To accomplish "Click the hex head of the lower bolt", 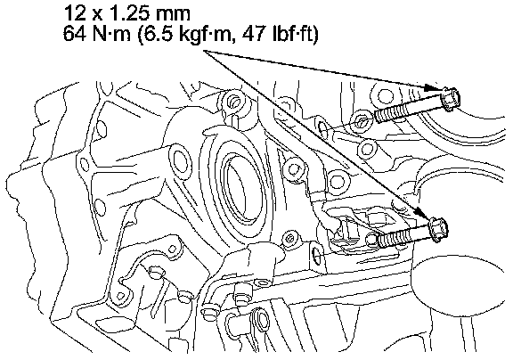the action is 438,230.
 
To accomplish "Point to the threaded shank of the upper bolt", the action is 408,110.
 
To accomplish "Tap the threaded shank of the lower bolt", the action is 403,235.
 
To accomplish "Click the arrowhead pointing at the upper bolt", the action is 431,87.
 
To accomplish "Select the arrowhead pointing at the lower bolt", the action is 424,215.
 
